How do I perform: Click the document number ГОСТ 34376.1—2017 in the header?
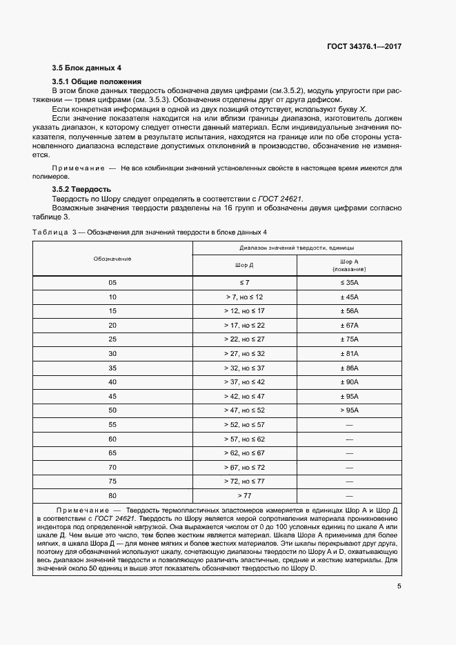pyautogui.click(x=364, y=46)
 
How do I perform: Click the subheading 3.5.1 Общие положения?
pyautogui.click(x=97, y=81)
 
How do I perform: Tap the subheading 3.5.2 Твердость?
pyautogui.click(x=81, y=189)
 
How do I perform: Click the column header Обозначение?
pyautogui.click(x=112, y=259)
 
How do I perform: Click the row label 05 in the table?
pyautogui.click(x=112, y=283)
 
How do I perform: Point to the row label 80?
pyautogui.click(x=112, y=495)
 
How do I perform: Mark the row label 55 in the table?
pyautogui.click(x=112, y=424)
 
